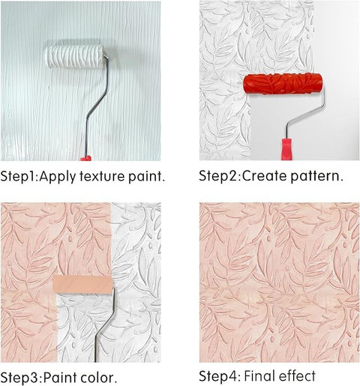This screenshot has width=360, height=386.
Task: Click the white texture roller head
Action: [75, 56]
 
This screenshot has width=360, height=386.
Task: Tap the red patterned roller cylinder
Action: [283, 83]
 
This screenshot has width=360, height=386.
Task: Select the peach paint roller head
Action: [83, 284]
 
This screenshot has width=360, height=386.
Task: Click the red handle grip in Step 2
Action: [286, 149]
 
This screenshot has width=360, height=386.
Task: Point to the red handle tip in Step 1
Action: [85, 158]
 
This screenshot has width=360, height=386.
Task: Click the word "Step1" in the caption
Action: [19, 177]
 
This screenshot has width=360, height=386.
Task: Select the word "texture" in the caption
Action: [102, 176]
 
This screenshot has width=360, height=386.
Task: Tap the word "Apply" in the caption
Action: [58, 177]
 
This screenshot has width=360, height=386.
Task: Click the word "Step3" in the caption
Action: [20, 378]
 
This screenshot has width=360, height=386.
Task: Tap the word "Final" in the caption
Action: [259, 376]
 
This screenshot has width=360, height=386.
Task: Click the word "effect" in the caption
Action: [297, 376]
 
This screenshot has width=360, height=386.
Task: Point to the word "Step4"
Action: [219, 376]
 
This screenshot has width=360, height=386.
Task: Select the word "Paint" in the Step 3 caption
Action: [60, 378]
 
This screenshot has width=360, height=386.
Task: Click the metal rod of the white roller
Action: [96, 105]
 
